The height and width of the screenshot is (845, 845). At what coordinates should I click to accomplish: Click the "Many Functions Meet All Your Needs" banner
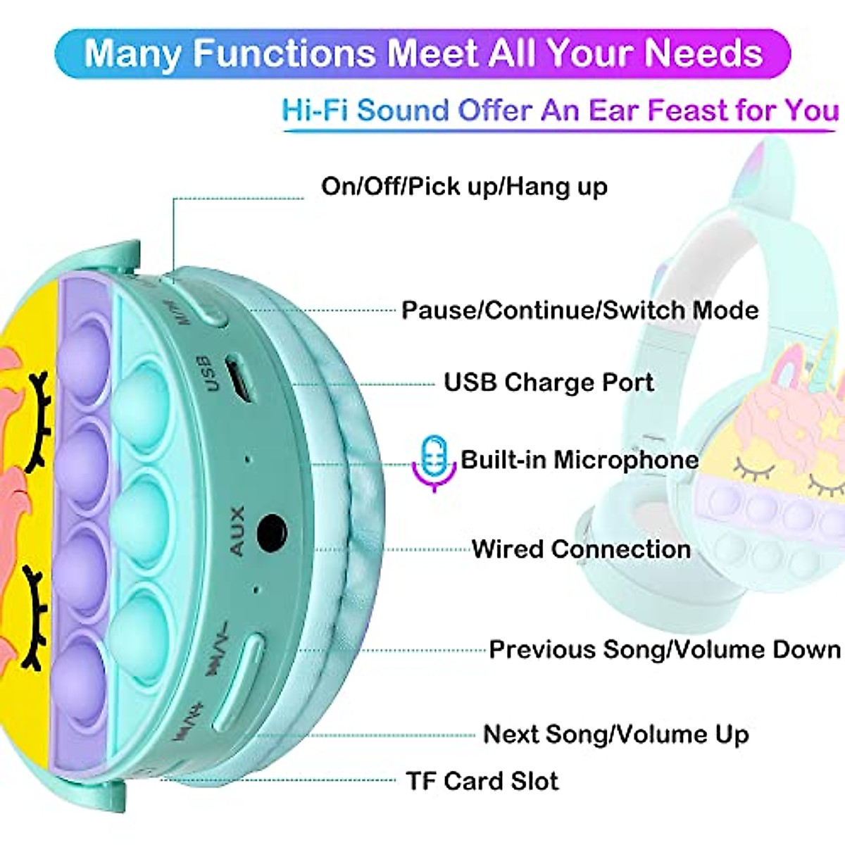tap(423, 54)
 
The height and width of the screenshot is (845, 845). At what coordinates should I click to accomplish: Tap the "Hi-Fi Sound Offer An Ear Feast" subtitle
tap(560, 111)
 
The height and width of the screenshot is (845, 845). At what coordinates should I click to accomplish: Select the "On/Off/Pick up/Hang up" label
tap(464, 187)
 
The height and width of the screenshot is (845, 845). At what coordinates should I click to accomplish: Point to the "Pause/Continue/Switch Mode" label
tap(580, 311)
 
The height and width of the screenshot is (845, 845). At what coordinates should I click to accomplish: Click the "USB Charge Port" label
tap(549, 382)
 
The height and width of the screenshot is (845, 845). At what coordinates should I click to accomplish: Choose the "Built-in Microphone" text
tap(580, 460)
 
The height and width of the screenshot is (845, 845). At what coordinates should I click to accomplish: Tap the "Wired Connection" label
tap(581, 549)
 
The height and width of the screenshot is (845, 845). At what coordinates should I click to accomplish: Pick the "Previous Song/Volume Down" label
tap(665, 649)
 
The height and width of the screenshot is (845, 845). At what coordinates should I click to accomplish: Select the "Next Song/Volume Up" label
tap(615, 734)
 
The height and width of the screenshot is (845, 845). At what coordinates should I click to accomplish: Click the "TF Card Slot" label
tap(482, 781)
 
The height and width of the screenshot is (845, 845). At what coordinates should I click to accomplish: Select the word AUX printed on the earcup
tap(237, 530)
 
